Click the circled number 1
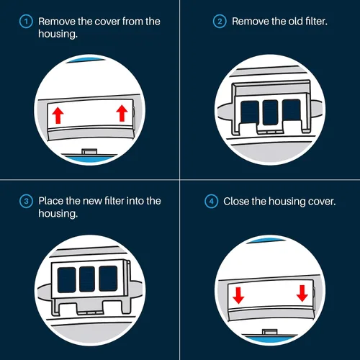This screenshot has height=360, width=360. click(x=26, y=22)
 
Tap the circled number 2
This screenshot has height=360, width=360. click(x=220, y=22)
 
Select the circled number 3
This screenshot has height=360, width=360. click(x=26, y=201)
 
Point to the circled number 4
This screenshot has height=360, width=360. click(x=211, y=201)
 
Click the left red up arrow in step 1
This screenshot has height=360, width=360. click(x=58, y=115)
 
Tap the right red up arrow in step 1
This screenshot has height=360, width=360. click(x=122, y=113)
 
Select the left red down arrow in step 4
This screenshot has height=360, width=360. click(x=238, y=296)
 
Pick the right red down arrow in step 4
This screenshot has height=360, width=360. click(x=302, y=293)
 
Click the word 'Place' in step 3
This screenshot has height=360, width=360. click(x=51, y=201)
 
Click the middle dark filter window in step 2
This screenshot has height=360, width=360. click(x=270, y=112)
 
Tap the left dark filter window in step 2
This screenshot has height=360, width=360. click(x=250, y=112)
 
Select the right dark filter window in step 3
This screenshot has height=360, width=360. click(x=108, y=278)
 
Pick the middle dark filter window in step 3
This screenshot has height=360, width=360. click(x=87, y=279)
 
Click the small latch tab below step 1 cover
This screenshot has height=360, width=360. click(x=89, y=152)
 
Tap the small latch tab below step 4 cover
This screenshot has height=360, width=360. click(x=269, y=332)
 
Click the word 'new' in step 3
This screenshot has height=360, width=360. click(x=92, y=201)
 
